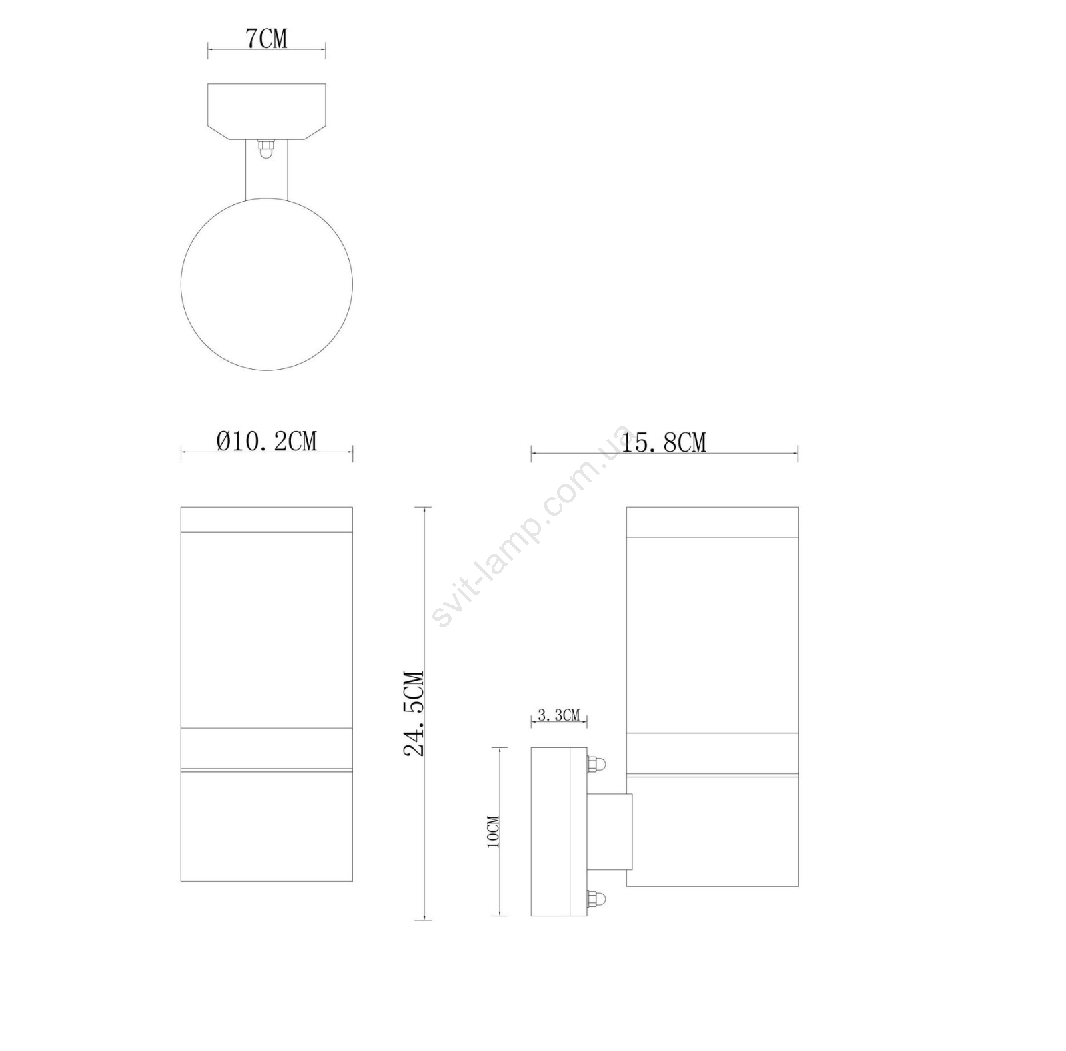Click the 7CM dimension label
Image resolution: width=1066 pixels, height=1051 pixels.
point(266,39)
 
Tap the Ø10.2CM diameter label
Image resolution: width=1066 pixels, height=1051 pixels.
point(266,440)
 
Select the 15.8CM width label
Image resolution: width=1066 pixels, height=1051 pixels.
point(664,442)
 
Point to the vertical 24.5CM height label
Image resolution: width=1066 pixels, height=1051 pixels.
point(414,713)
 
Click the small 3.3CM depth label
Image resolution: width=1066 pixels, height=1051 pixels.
point(559,715)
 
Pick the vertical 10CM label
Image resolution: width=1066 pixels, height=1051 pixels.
point(493,831)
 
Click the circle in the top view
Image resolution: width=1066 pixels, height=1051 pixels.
point(266,198)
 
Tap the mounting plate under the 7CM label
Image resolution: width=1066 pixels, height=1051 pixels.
point(266,111)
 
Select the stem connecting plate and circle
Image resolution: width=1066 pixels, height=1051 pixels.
point(266,169)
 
